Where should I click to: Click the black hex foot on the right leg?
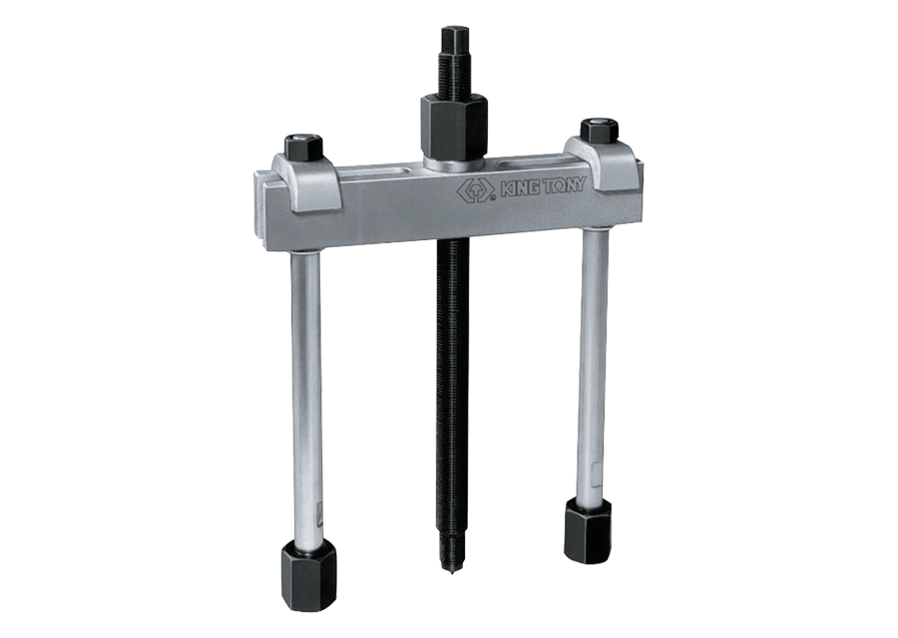[x=589, y=529]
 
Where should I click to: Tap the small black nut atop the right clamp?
[x=598, y=133]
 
